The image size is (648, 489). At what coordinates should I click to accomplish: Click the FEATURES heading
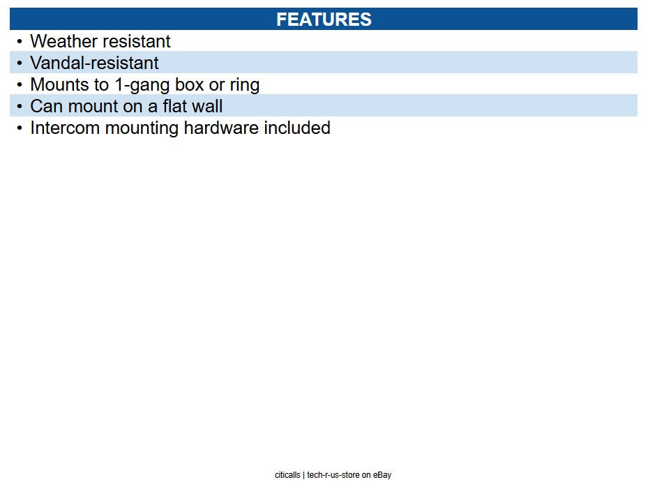324,20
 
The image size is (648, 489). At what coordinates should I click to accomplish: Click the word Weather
63,41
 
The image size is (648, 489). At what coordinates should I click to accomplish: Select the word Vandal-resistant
94,63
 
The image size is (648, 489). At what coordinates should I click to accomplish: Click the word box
189,84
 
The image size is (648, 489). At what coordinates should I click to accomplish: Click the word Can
46,106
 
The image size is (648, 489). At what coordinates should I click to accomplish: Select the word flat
174,106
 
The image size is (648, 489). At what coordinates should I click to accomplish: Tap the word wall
207,106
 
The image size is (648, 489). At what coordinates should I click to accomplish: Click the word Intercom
65,128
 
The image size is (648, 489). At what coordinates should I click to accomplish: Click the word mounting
142,128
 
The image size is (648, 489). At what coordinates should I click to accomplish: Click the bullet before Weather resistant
20,41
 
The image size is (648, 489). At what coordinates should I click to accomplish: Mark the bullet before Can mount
20,106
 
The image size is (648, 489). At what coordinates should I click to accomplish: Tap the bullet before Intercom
20,128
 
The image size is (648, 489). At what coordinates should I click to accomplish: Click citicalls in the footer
287,475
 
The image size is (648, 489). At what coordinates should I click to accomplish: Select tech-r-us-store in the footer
333,475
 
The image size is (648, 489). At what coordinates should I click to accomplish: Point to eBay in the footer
382,475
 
